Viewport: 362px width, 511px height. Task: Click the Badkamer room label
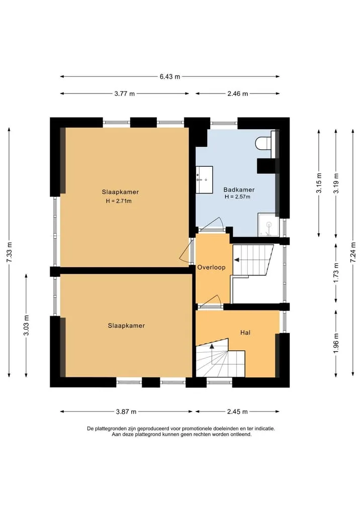pyautogui.click(x=239, y=189)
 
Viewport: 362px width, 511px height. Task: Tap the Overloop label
pyautogui.click(x=211, y=267)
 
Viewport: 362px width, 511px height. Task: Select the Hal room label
pyautogui.click(x=245, y=333)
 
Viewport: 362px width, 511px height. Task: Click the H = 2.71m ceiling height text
pyautogui.click(x=119, y=201)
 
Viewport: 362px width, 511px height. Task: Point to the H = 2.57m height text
pyautogui.click(x=237, y=197)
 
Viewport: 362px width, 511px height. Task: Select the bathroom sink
pyautogui.click(x=204, y=175)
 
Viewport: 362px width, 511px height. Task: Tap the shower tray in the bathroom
pyautogui.click(x=268, y=225)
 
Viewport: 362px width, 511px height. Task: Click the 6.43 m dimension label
pyautogui.click(x=169, y=76)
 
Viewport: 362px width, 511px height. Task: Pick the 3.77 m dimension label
pyautogui.click(x=125, y=93)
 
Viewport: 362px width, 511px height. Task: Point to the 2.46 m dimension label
pyautogui.click(x=238, y=93)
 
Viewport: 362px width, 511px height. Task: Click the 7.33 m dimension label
pyautogui.click(x=9, y=252)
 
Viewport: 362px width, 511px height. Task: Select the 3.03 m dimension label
pyautogui.click(x=27, y=325)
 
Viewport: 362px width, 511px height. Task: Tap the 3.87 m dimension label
pyautogui.click(x=126, y=412)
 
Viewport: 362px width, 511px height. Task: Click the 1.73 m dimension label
pyautogui.click(x=336, y=273)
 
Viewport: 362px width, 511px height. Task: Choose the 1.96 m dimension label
pyautogui.click(x=336, y=343)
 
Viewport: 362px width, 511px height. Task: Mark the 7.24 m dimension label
pyautogui.click(x=353, y=252)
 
